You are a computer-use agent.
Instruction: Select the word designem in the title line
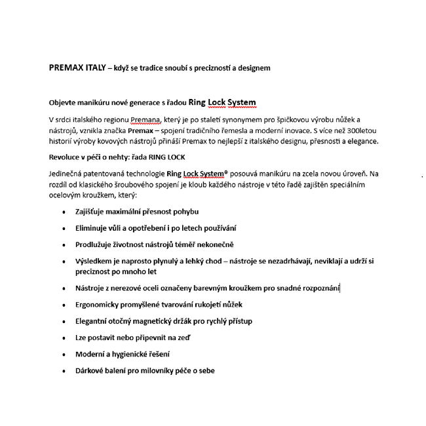coord(251,68)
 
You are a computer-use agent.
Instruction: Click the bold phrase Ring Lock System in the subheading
coord(222,102)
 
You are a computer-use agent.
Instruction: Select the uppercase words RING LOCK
coord(167,158)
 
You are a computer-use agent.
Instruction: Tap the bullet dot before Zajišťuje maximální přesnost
coord(64,212)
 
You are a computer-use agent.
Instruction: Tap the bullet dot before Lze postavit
coord(64,338)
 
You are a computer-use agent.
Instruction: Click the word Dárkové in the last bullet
coord(91,370)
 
